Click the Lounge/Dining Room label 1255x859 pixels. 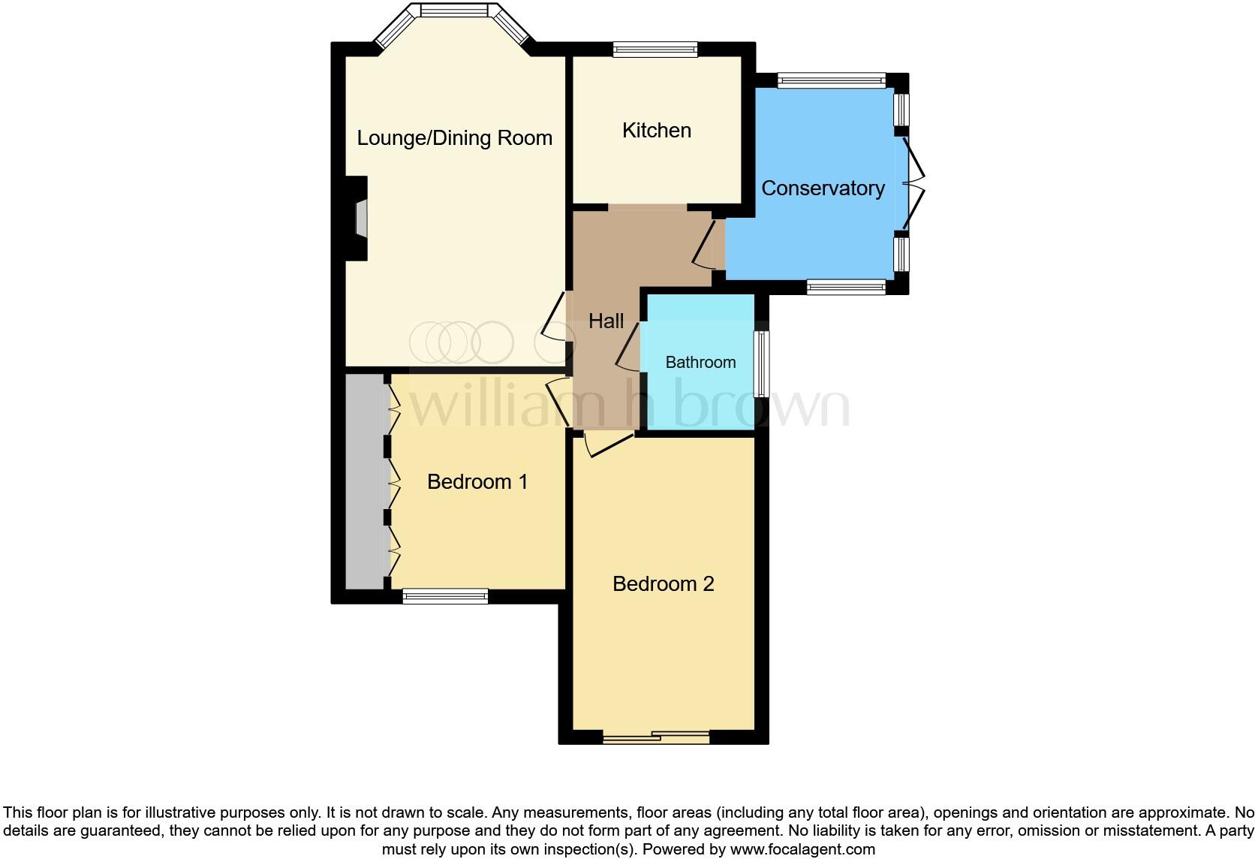click(454, 138)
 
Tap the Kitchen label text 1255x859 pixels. click(656, 131)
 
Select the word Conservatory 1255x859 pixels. click(823, 188)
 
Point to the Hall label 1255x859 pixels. click(606, 321)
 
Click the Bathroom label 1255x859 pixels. click(700, 363)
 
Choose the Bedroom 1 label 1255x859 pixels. click(477, 481)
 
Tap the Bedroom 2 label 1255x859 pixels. click(663, 584)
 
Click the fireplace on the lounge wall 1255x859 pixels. click(360, 219)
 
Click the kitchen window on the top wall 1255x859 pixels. click(655, 50)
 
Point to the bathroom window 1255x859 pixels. click(762, 364)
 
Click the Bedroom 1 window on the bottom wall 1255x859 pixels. click(445, 596)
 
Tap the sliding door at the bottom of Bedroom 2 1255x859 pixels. click(656, 737)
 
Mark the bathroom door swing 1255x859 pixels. click(627, 346)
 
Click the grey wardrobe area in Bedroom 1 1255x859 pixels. click(366, 481)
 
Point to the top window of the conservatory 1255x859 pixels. click(831, 80)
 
